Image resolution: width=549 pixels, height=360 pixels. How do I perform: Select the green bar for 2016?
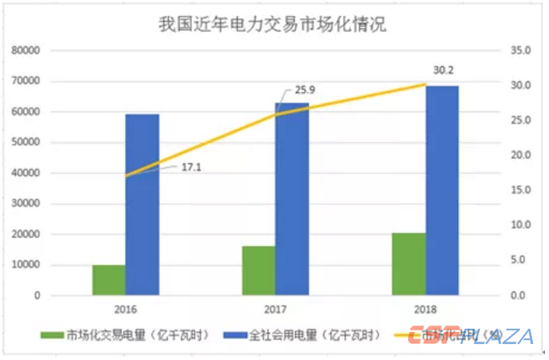(x=109, y=280)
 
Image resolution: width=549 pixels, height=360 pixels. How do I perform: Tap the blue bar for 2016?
(x=142, y=205)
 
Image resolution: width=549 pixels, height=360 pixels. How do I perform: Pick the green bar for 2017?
(x=259, y=271)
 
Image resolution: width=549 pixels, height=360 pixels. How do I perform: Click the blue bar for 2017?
(x=292, y=198)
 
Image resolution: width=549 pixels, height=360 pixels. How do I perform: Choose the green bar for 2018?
(x=408, y=264)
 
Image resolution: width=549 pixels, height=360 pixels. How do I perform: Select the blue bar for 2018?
(x=442, y=190)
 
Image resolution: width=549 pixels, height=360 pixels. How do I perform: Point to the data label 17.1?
(x=191, y=166)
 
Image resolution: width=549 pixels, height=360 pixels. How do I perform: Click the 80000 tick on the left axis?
(x=27, y=51)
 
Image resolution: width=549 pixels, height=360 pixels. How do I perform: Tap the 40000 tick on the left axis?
(x=27, y=174)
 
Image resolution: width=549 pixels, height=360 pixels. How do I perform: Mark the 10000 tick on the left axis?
(x=27, y=265)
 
